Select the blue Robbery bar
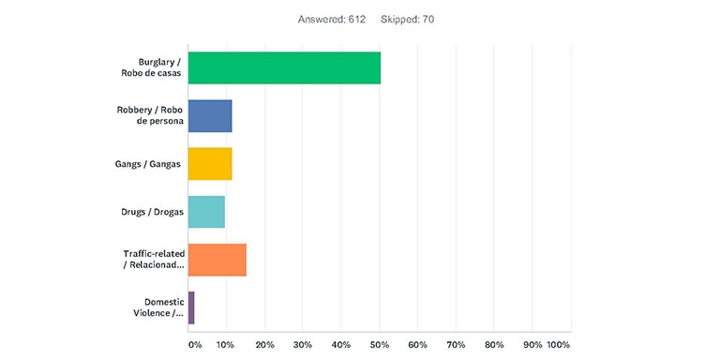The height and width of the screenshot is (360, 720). [210, 115]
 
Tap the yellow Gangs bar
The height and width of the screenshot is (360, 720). [210, 164]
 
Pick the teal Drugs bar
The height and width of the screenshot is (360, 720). [206, 212]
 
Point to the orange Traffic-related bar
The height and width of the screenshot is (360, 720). [217, 260]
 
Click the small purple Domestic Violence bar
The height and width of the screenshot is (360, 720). [191, 307]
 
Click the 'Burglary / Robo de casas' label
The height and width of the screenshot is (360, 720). [151, 67]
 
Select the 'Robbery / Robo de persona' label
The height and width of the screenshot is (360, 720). [151, 115]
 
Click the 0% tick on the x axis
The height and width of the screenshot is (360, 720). [195, 345]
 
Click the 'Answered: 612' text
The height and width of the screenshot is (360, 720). [332, 19]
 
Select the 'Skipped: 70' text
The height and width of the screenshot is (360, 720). [408, 19]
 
